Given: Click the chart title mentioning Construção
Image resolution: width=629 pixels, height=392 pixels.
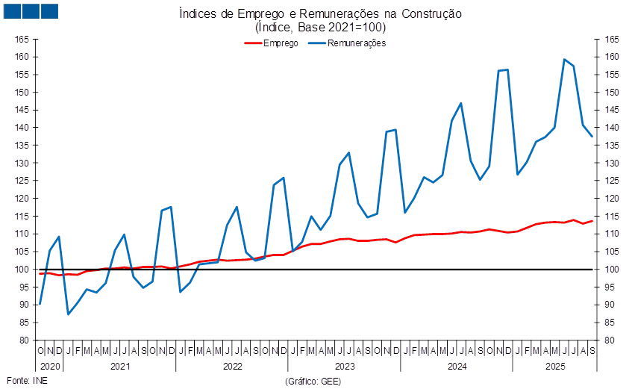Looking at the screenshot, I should (x=320, y=14).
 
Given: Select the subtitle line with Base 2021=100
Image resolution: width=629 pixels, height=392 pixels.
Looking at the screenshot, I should (x=320, y=28).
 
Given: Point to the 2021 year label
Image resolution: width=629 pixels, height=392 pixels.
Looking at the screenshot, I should (x=120, y=367).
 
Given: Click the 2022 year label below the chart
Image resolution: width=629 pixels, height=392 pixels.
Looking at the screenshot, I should (x=232, y=367).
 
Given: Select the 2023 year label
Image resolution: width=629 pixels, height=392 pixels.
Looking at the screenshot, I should (x=344, y=367).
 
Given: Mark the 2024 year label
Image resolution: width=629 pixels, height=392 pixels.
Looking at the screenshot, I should (x=456, y=367).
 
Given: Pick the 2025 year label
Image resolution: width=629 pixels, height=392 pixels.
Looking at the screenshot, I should (x=554, y=367).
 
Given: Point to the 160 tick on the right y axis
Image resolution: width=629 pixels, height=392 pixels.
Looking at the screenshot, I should (x=613, y=57).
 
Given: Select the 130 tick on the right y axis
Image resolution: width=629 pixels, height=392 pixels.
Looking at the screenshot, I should (x=613, y=163).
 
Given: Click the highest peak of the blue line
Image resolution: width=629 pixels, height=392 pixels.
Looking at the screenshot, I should (x=564, y=60).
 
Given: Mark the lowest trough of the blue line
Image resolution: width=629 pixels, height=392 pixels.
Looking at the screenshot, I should (x=68, y=314).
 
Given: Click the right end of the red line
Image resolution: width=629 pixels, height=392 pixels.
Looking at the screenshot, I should (x=592, y=221).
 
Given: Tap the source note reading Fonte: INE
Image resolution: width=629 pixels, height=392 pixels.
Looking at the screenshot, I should (x=27, y=381).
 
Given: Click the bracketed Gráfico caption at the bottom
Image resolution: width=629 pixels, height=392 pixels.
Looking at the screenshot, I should (x=313, y=381).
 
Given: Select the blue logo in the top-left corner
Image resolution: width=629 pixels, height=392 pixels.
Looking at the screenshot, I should (x=31, y=10).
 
